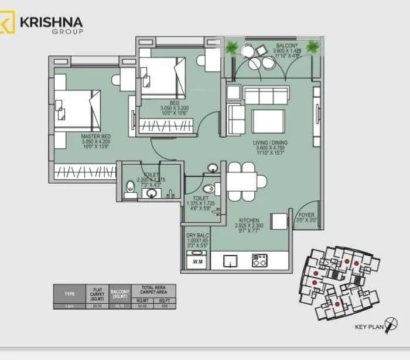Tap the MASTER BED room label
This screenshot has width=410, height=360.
(x=96, y=136)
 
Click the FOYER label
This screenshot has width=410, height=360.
(x=306, y=215)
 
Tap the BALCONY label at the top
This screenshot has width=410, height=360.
(x=287, y=45)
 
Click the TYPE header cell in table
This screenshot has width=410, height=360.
(x=69, y=293)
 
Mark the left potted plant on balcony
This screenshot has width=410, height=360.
(x=233, y=48)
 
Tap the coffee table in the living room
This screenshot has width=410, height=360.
(x=268, y=121)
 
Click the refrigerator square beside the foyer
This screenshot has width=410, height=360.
(x=279, y=221)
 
